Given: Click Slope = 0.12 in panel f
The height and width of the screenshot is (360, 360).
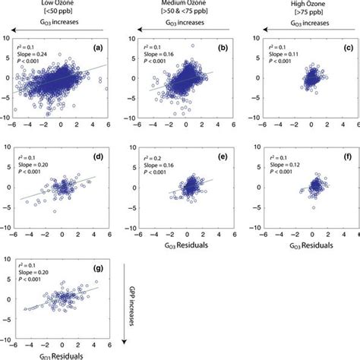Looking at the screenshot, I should pos(266,174).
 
